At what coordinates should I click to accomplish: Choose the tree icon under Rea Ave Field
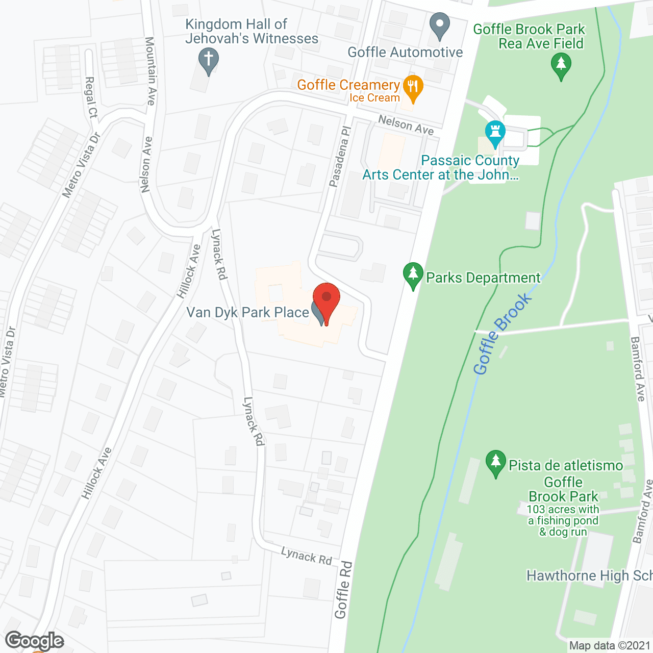(561, 66)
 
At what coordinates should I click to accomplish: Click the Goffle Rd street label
(343, 590)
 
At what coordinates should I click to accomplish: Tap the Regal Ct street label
(91, 97)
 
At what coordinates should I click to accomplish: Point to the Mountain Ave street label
(150, 71)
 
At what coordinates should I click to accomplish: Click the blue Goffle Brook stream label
(502, 334)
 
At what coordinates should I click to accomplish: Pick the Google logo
(35, 641)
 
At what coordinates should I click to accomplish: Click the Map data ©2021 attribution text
(610, 646)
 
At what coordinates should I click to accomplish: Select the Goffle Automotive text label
(405, 52)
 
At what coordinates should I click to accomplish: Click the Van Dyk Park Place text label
(247, 312)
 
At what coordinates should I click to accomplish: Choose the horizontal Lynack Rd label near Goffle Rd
(307, 556)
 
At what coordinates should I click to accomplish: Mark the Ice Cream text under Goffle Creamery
(374, 98)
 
